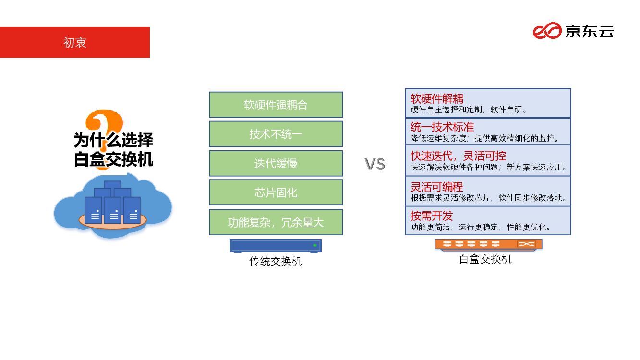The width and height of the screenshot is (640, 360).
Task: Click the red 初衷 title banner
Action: pyautogui.click(x=75, y=42)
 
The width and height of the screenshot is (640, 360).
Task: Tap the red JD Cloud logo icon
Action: pyautogui.click(x=547, y=31)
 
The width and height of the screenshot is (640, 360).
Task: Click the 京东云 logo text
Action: pyautogui.click(x=589, y=32)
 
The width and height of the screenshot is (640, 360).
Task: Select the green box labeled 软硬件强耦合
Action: pyautogui.click(x=276, y=105)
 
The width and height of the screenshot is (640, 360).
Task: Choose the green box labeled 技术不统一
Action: pyautogui.click(x=276, y=134)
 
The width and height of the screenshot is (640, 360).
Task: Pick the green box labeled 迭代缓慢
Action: pyautogui.click(x=276, y=163)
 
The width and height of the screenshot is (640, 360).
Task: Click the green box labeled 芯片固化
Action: pyautogui.click(x=276, y=192)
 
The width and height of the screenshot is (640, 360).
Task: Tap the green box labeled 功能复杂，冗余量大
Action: pyautogui.click(x=276, y=222)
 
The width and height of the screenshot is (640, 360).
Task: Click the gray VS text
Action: pyautogui.click(x=374, y=164)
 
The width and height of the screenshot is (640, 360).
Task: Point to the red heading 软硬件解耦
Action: pyautogui.click(x=437, y=99)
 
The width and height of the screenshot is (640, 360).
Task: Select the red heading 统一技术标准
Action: pyautogui.click(x=442, y=127)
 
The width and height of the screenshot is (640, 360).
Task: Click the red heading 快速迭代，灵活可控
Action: pyautogui.click(x=458, y=156)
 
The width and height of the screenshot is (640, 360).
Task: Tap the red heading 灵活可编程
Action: pyautogui.click(x=437, y=187)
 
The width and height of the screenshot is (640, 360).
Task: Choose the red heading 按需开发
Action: pyautogui.click(x=432, y=216)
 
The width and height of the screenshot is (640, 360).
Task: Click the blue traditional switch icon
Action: pyautogui.click(x=276, y=246)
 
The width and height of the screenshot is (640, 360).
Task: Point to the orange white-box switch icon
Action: pyautogui.click(x=488, y=244)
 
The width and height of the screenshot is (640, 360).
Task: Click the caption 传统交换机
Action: pyautogui.click(x=276, y=262)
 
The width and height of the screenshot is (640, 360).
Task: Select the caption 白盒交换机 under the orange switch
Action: pyautogui.click(x=485, y=259)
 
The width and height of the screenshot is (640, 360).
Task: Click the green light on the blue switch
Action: pyautogui.click(x=315, y=245)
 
